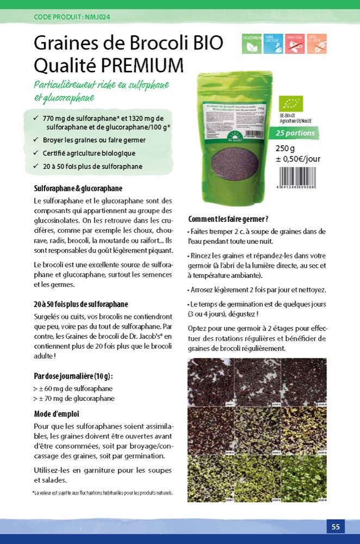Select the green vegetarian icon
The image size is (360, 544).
tap(252, 44)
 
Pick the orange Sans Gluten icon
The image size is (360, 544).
tap(316, 44)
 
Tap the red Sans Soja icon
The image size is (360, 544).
tap(295, 44)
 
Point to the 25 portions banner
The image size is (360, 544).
tap(294, 133)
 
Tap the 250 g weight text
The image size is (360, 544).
tap(285, 149)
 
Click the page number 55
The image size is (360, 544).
tap(336, 527)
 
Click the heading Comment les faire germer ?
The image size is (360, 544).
tap(228, 219)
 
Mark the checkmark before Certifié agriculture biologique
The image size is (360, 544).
tap(35, 153)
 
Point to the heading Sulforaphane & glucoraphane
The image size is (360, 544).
tap(78, 189)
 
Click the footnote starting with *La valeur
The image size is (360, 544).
tap(103, 493)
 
